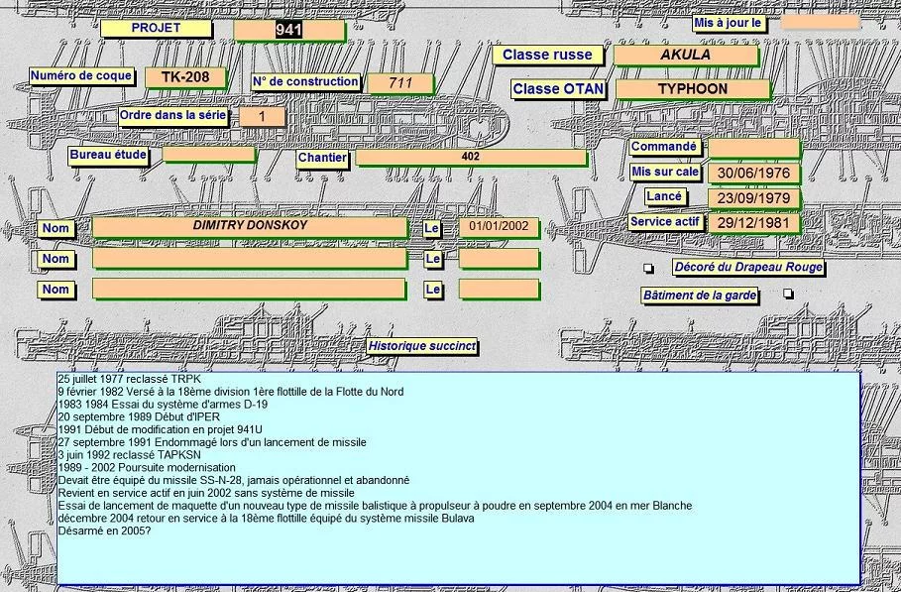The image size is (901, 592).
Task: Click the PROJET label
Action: (x=156, y=29)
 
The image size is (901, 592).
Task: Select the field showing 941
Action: (x=288, y=31)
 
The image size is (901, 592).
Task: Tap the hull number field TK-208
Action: (x=185, y=77)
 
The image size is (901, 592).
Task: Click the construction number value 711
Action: (x=399, y=83)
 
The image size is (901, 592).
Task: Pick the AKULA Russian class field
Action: (x=685, y=56)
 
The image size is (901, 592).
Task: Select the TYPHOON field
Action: (x=692, y=89)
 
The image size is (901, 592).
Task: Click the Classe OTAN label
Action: (x=559, y=89)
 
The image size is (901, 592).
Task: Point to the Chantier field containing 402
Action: (x=471, y=158)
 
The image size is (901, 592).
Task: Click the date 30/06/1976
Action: (x=753, y=174)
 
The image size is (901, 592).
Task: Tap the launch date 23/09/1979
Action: (x=753, y=197)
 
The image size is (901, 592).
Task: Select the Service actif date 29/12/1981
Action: (x=753, y=223)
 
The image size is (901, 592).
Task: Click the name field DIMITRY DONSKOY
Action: (x=249, y=227)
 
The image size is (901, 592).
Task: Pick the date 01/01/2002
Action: (x=499, y=228)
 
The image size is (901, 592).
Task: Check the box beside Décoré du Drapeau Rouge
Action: (x=649, y=269)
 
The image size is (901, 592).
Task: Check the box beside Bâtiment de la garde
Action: (x=788, y=295)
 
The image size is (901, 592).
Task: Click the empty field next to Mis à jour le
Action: (x=819, y=21)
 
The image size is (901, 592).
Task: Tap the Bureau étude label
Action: (x=109, y=156)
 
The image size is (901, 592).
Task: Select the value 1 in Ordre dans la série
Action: (x=262, y=117)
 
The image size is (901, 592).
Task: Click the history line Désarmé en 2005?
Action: (x=101, y=531)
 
